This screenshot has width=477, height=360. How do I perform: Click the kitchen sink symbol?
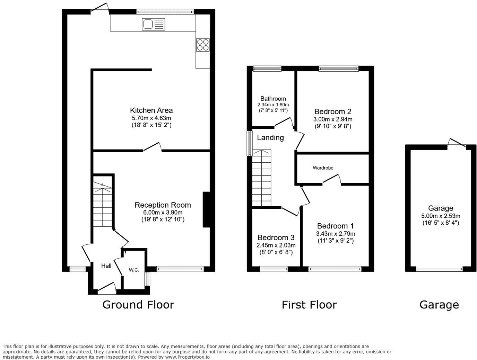[153, 25]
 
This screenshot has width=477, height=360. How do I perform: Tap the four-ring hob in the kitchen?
[203, 45]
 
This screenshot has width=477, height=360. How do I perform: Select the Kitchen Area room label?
[151, 110]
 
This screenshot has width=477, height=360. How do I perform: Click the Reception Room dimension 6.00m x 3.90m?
[163, 213]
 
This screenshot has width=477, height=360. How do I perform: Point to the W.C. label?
[134, 270]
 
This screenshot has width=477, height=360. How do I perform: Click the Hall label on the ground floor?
[106, 266]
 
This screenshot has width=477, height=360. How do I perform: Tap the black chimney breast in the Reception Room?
[206, 209]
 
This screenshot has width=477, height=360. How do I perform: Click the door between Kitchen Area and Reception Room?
[153, 147]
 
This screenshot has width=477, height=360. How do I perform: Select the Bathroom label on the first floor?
[273, 99]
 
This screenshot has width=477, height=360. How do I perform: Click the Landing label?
[270, 137]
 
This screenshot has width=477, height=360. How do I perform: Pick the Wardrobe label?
[323, 168]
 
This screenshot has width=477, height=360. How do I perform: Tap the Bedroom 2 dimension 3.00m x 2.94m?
[333, 119]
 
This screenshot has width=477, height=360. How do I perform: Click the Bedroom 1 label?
[335, 226]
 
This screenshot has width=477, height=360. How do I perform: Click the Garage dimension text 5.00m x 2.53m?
[440, 216]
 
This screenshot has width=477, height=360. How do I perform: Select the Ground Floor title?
[138, 305]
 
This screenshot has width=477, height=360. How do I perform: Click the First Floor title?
[309, 305]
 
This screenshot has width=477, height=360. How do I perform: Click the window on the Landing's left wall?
[249, 143]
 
